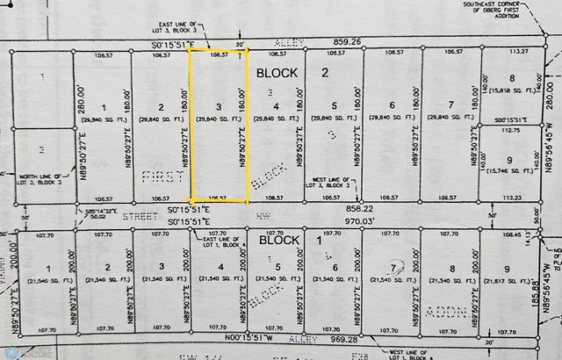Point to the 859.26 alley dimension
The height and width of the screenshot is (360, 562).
point(347,41)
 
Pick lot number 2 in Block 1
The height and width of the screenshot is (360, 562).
point(106,269)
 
